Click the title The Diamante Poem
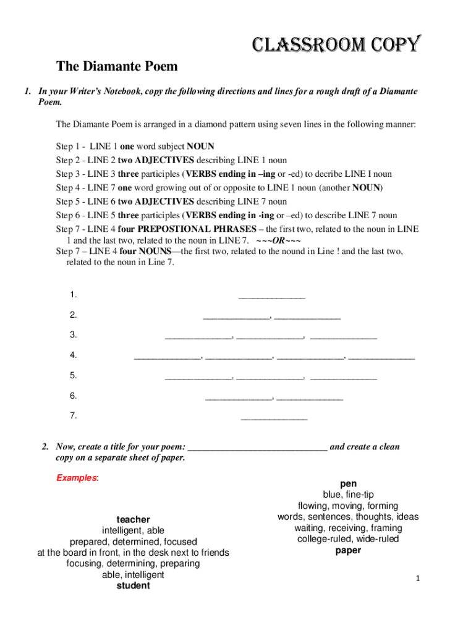pos(117,66)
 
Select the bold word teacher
pos(133,519)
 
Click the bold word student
pos(133,585)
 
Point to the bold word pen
pos(348,483)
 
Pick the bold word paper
pos(348,550)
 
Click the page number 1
pos(418,579)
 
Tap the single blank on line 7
pos(274,419)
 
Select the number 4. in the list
pos(74,355)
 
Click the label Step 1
pos(69,147)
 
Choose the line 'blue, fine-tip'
pos(348,495)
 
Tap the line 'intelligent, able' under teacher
pos(133,530)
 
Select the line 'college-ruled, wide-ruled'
pos(348,539)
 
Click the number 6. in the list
pos(74,396)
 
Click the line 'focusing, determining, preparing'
pos(133,564)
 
